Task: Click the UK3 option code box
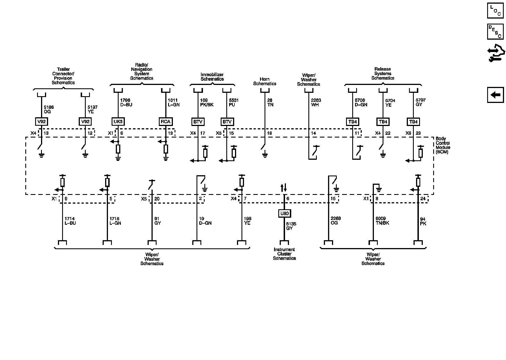coord(118,121)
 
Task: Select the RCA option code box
coord(166,121)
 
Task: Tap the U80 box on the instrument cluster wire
coord(284,213)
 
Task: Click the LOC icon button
coord(495,10)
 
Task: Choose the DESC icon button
coord(495,31)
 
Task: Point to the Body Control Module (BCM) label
coord(443,145)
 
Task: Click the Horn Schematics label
coord(265,82)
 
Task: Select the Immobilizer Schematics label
coord(212,77)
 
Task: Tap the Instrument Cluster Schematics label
coord(284,254)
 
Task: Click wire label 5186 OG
coord(49,109)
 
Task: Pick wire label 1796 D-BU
coord(126,102)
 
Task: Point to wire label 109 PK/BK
coord(207,102)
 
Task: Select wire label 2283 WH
coord(316,102)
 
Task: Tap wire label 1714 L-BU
coord(70,221)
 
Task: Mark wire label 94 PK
coord(423,221)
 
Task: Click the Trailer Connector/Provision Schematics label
coord(63,76)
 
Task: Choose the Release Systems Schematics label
coord(383,73)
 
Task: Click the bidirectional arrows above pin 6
coord(284,187)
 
